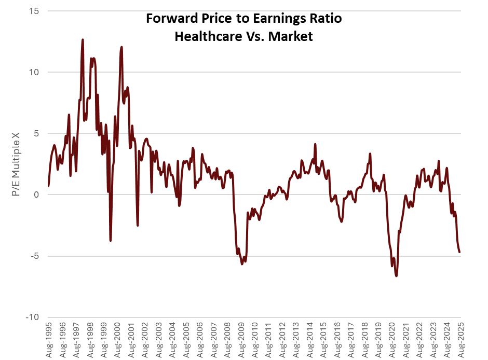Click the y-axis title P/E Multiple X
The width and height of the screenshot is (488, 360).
coord(16,164)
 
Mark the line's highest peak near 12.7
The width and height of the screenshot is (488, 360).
coord(83,39)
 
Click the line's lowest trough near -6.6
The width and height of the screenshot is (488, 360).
coord(396,275)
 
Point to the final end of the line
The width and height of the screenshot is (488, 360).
coord(460,252)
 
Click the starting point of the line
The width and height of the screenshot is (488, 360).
coord(48,186)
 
